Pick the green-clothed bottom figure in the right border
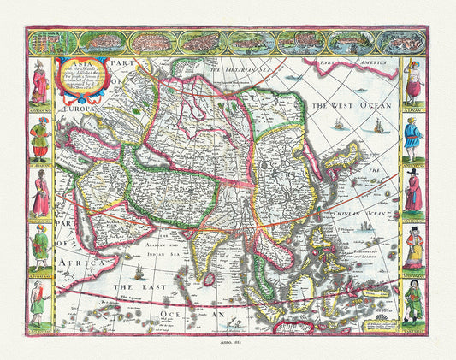click(x=413, y=300)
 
